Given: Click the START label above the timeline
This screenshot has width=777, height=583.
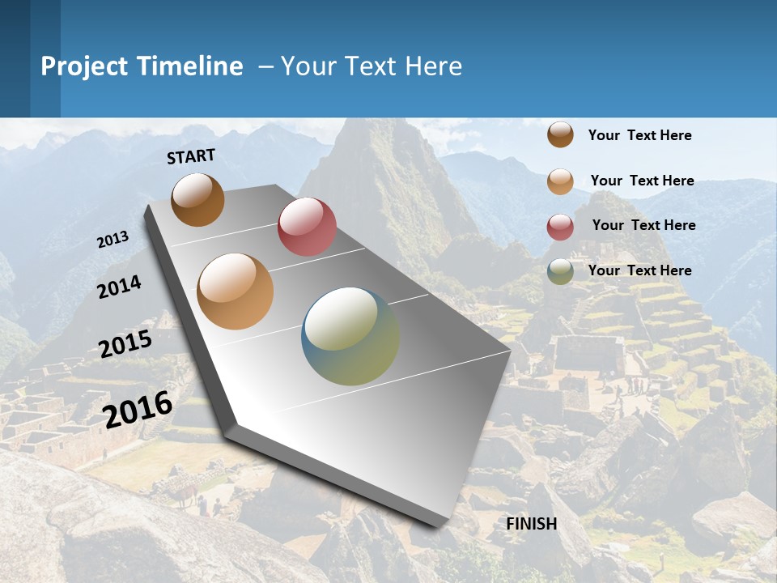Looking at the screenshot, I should [x=191, y=156].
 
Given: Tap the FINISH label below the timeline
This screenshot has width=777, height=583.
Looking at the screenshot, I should [x=532, y=524].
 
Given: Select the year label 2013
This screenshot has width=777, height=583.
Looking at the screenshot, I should [x=113, y=240].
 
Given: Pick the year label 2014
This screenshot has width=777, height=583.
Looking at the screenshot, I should [x=119, y=287].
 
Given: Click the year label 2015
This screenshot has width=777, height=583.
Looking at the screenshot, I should [x=125, y=344].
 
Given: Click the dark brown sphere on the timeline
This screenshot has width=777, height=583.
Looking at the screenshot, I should [x=197, y=199].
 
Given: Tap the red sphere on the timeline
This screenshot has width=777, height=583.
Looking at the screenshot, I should [x=307, y=227].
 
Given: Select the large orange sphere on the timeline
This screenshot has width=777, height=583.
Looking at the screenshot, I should [x=236, y=291].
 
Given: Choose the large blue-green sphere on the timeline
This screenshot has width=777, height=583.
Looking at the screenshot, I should [x=350, y=336].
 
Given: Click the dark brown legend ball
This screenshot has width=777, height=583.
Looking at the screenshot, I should [x=560, y=134].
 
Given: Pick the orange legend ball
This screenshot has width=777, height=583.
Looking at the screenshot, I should [x=560, y=181].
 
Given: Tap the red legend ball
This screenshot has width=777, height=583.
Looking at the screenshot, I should [x=560, y=227].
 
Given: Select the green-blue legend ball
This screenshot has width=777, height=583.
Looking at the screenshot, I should [x=560, y=271].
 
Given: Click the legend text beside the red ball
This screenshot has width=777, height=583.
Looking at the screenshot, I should [x=643, y=225].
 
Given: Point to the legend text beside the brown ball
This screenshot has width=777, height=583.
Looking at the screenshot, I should [x=639, y=135].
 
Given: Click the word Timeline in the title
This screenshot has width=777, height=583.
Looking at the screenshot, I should [x=190, y=66].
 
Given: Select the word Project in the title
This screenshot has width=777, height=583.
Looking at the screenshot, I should [x=86, y=66].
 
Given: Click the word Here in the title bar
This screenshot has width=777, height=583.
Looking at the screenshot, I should [x=433, y=66].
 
